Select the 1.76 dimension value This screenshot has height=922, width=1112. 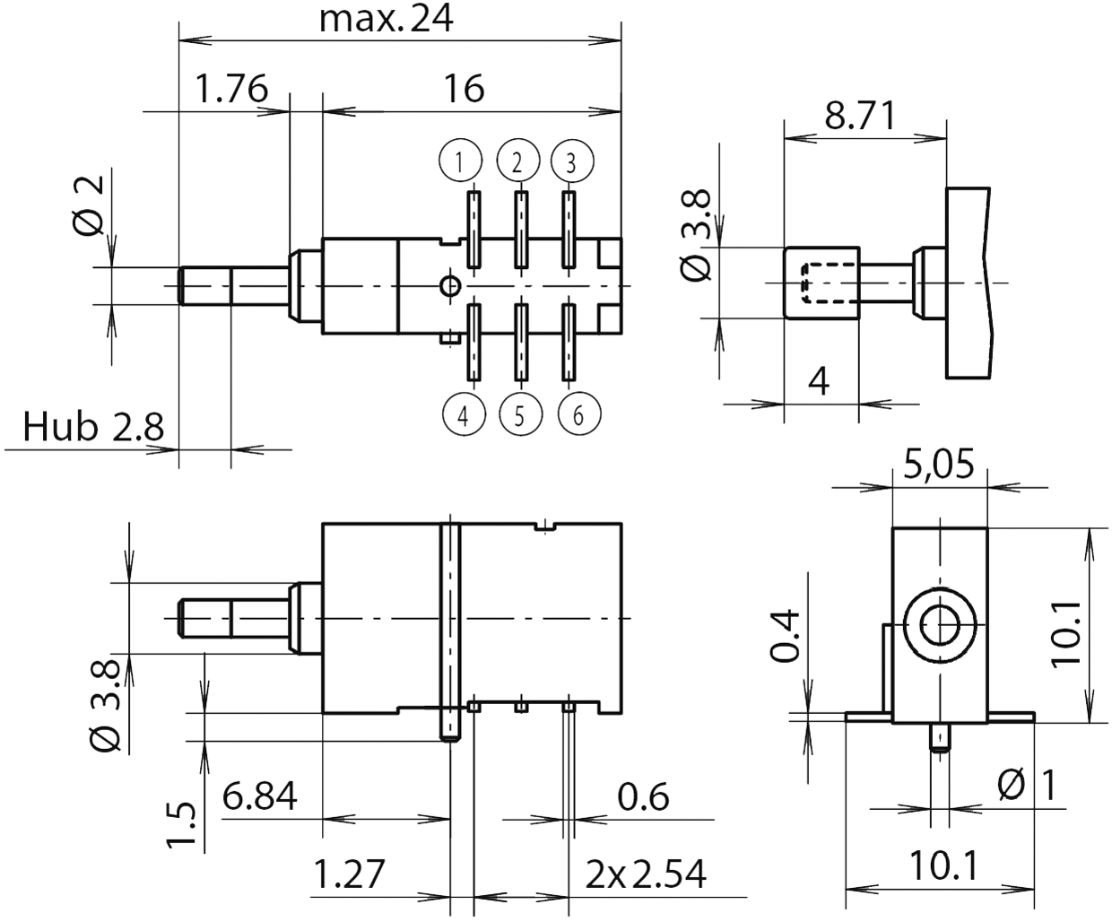[230, 90]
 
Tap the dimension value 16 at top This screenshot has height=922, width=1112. [464, 90]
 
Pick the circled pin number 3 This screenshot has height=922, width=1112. [571, 162]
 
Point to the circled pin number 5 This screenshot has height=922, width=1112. [520, 414]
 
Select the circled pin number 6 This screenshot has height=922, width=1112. [578, 414]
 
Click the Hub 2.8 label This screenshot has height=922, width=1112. [93, 428]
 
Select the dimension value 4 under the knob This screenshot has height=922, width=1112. [819, 381]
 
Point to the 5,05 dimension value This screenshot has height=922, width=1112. [939, 466]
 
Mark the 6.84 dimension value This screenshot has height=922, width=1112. [259, 796]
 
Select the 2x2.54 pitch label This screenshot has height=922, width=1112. [646, 873]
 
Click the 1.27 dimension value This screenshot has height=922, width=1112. [349, 873]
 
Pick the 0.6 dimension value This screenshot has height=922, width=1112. [643, 796]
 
